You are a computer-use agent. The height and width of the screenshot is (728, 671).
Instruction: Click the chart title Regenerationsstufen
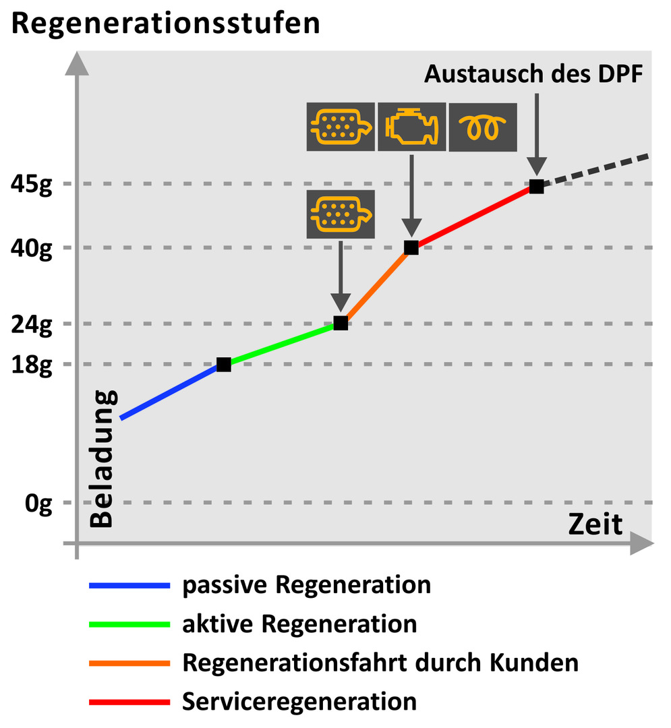click(166, 24)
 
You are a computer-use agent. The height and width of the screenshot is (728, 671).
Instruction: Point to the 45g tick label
click(32, 184)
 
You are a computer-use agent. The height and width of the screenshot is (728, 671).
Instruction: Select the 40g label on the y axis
click(32, 247)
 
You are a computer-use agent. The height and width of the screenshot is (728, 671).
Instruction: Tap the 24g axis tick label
click(32, 324)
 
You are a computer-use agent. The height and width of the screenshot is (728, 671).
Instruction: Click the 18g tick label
click(32, 364)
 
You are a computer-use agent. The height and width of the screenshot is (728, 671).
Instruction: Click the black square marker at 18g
click(224, 365)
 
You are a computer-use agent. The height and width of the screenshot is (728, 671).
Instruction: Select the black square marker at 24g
click(341, 324)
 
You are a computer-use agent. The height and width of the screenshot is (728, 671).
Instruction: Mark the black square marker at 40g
click(411, 247)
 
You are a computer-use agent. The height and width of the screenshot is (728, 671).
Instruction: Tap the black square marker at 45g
click(536, 187)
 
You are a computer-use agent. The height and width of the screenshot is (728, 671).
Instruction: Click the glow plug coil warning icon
click(483, 126)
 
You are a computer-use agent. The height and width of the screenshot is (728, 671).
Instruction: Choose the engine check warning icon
click(411, 126)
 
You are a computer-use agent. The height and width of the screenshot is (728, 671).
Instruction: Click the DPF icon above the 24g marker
click(341, 214)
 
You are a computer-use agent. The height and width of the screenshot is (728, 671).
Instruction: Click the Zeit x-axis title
click(595, 524)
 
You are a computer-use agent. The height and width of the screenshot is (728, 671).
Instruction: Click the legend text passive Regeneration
click(307, 584)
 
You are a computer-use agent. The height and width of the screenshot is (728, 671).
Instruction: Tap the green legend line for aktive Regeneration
click(129, 624)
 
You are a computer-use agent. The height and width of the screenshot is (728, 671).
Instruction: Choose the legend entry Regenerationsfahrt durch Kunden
click(380, 663)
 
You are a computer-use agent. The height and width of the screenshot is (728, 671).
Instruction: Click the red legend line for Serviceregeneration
click(129, 702)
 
